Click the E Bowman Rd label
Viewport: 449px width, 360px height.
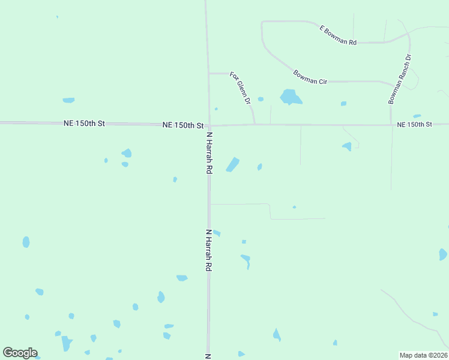338,35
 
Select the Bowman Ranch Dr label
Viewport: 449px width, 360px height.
399,79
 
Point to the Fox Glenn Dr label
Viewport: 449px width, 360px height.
240,88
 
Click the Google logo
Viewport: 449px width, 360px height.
20,353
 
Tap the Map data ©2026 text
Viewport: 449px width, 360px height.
423,355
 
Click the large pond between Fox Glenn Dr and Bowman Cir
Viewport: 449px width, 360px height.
290,96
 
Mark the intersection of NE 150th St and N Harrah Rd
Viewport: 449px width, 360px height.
209,125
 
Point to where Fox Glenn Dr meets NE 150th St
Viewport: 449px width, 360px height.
255,125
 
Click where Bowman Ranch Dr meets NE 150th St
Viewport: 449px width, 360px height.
391,125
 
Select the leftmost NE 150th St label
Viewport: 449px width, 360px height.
84,123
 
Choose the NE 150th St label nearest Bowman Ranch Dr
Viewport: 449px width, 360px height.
415,124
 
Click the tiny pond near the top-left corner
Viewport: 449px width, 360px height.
58,17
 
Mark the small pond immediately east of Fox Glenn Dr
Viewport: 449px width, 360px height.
261,99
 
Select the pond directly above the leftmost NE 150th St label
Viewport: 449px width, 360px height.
68,100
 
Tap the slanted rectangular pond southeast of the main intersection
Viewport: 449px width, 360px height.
232,164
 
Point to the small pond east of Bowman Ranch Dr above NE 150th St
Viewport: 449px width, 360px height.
417,116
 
